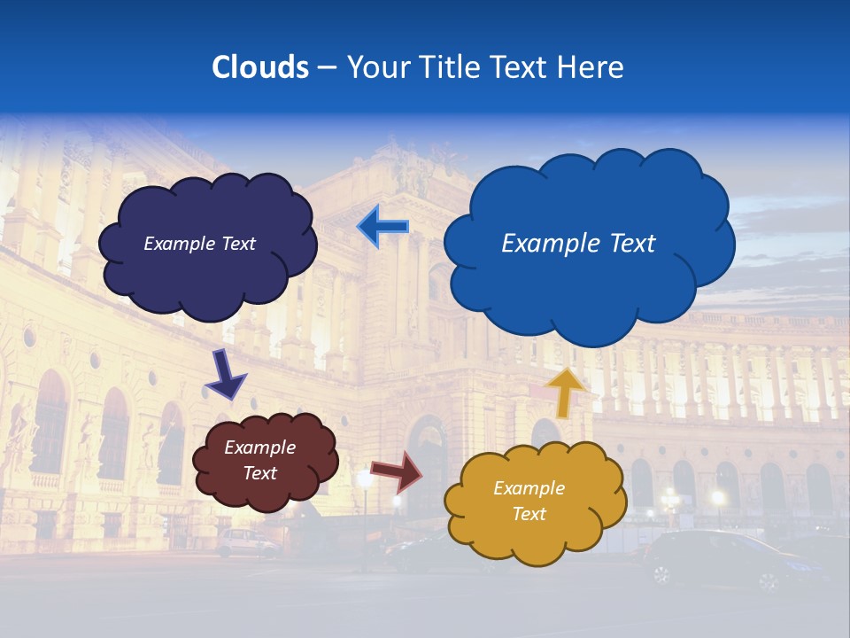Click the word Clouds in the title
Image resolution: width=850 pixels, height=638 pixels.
pyautogui.click(x=260, y=67)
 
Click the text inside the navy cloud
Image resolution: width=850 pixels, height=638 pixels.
pyautogui.click(x=199, y=244)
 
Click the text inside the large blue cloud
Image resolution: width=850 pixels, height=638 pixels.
pyautogui.click(x=578, y=244)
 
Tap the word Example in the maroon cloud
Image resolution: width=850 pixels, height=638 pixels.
pyautogui.click(x=259, y=447)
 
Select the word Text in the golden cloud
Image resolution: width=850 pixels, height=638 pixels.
pyautogui.click(x=529, y=514)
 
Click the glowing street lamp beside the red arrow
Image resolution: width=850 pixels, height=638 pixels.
pyautogui.click(x=364, y=480)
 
